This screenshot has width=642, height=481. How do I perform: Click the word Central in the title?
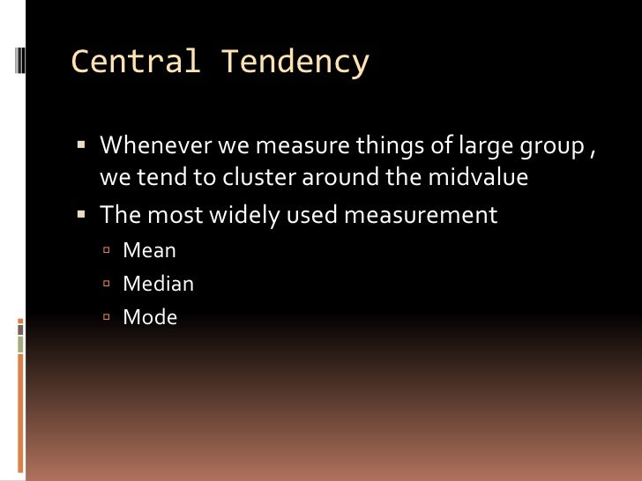[135, 63]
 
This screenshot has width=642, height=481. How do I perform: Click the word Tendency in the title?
[295, 63]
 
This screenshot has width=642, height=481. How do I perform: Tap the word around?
[340, 177]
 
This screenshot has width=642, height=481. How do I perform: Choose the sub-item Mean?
[150, 250]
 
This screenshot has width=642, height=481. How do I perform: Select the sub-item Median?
[159, 284]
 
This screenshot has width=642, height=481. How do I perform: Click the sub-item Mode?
[151, 317]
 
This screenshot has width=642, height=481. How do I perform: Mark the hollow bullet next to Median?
[106, 285]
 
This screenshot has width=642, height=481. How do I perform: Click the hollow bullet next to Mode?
[106, 318]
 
